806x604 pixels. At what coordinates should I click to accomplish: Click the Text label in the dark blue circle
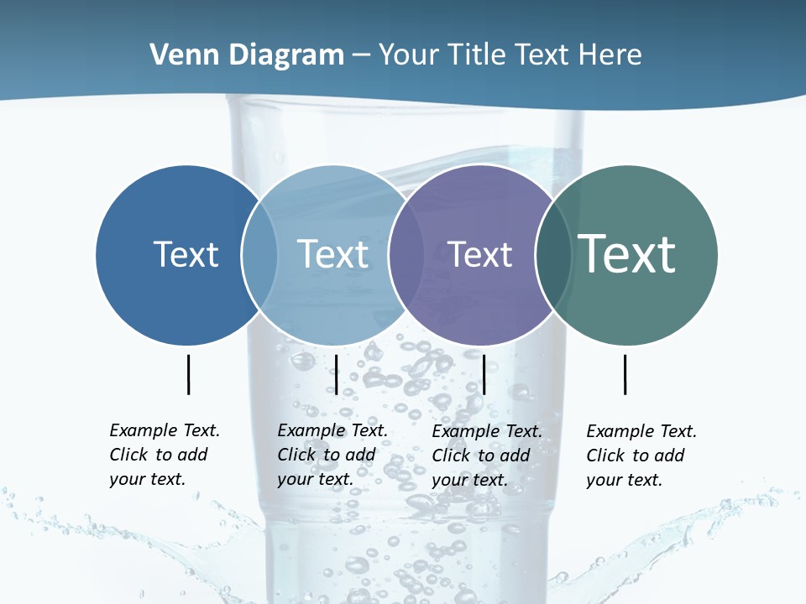coord(186,254)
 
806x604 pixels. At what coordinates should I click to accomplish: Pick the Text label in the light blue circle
coord(332,254)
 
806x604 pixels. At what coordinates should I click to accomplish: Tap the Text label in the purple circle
coord(479,254)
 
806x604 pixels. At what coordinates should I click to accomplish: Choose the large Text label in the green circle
coord(626,253)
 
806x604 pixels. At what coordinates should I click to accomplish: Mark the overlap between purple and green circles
coord(552,255)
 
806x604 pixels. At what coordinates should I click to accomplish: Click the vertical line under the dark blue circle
coord(188,374)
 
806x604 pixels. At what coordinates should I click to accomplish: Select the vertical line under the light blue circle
coord(336,374)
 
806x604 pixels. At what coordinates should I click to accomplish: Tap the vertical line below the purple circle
coord(484,374)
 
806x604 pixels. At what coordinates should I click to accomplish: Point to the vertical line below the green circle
coord(625,374)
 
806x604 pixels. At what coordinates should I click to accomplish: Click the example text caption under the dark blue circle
coord(164,455)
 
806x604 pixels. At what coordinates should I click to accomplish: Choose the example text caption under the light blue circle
coord(332,455)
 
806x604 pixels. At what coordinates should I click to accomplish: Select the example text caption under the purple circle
coord(486,456)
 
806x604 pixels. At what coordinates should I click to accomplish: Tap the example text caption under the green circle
coord(641,456)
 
